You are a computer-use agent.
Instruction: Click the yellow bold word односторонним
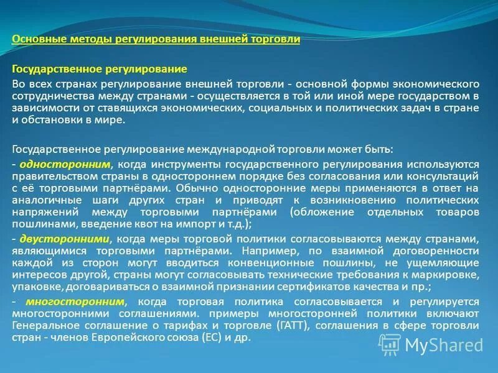[x=65, y=164]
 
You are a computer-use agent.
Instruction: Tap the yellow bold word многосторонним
[x=68, y=302]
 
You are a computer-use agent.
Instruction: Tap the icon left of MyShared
[x=391, y=344]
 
